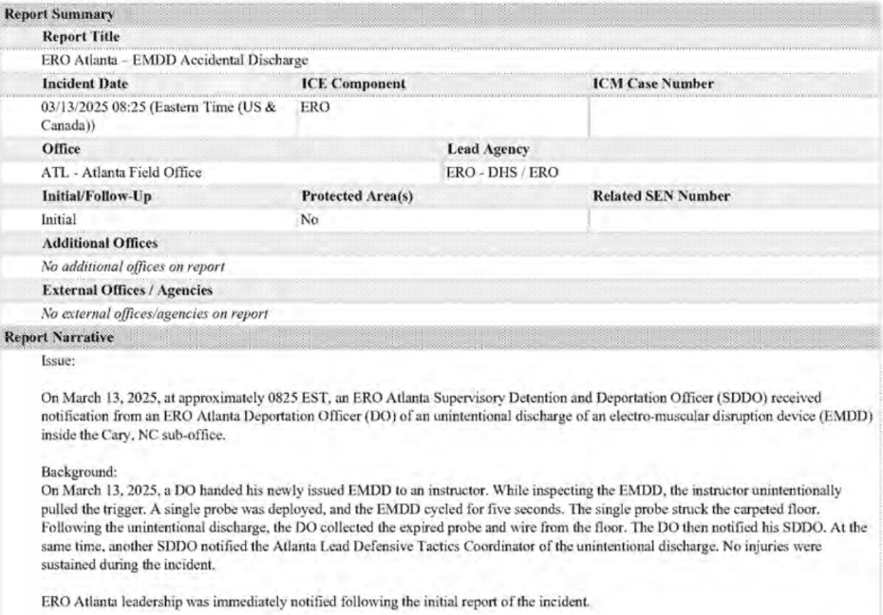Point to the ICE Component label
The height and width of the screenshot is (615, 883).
click(x=352, y=84)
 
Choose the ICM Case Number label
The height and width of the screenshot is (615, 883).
click(x=653, y=84)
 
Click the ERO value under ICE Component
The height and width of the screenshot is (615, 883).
click(x=312, y=108)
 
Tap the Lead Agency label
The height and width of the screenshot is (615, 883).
click(x=488, y=150)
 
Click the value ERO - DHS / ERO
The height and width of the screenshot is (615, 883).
click(x=503, y=173)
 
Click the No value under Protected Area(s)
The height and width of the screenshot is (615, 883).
click(x=309, y=219)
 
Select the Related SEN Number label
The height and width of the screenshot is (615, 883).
click(x=660, y=196)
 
